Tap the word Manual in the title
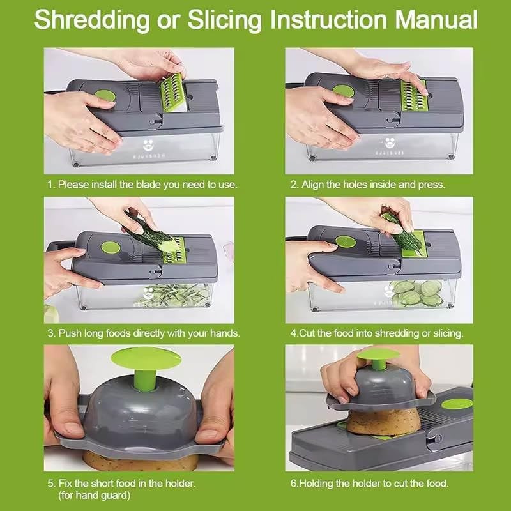click(x=436, y=19)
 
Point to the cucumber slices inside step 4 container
click(x=418, y=293)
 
